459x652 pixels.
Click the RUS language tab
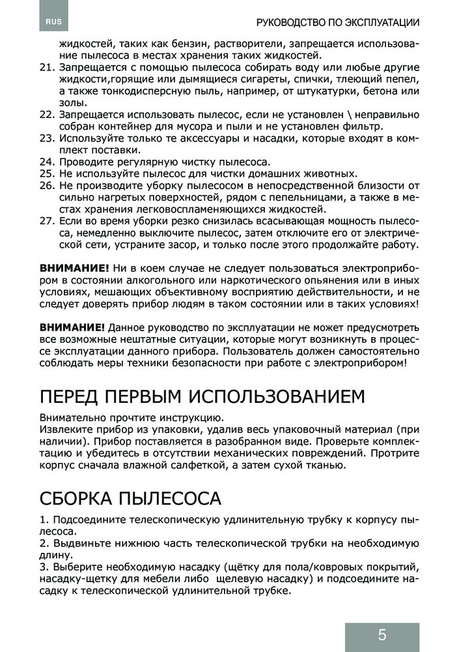54,22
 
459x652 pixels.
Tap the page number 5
382,634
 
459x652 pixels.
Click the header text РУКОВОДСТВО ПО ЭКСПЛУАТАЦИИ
338,22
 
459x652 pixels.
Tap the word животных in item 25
329,173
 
